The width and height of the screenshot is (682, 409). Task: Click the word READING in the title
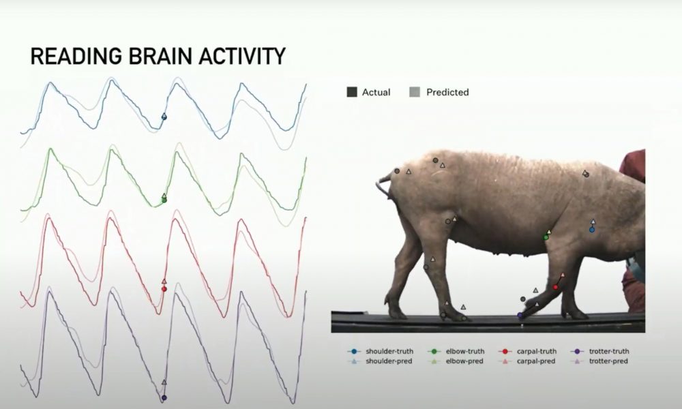click(76, 56)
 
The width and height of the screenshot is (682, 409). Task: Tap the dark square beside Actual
click(352, 92)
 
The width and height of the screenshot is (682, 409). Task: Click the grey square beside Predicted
click(415, 92)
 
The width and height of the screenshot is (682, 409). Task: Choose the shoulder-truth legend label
click(389, 351)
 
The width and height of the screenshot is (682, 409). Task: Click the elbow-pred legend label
click(464, 361)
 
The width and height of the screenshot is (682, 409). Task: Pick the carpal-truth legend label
click(537, 351)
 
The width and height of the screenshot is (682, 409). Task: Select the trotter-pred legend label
click(608, 361)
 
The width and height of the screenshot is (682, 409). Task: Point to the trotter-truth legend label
click(609, 351)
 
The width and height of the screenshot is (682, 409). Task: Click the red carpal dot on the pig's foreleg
click(555, 287)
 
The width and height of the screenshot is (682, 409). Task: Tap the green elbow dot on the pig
click(546, 237)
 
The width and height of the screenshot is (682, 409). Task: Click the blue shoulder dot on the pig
click(592, 230)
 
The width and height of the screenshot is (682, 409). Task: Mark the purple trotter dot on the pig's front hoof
click(520, 315)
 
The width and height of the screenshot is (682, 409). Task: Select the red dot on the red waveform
click(164, 289)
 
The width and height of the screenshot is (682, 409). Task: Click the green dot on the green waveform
click(164, 200)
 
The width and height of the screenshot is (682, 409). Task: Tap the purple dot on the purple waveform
click(164, 397)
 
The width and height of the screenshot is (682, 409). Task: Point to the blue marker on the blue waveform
click(164, 117)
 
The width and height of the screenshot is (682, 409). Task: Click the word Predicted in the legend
click(447, 92)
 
